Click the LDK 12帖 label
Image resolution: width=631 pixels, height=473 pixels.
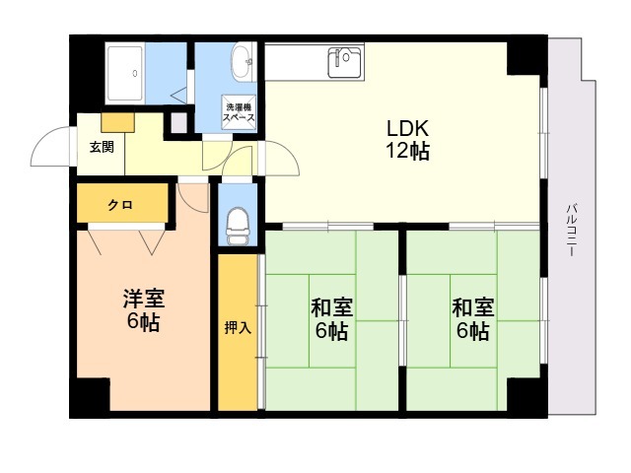point(406,140)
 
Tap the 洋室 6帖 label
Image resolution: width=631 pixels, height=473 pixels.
point(143,309)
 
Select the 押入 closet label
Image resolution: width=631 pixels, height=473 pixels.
point(237,327)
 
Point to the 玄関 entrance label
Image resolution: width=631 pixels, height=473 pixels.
point(102,147)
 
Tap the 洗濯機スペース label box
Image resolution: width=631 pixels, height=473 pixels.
point(240,111)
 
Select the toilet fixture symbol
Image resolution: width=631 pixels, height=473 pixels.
point(238,226)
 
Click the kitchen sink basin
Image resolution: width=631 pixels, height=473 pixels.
point(345,62)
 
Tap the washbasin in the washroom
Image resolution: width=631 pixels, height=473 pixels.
point(240,64)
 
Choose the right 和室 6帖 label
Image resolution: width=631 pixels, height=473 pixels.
point(470,319)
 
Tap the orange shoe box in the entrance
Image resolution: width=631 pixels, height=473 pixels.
point(116,121)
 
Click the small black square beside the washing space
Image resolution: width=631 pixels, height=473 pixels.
point(177,123)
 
